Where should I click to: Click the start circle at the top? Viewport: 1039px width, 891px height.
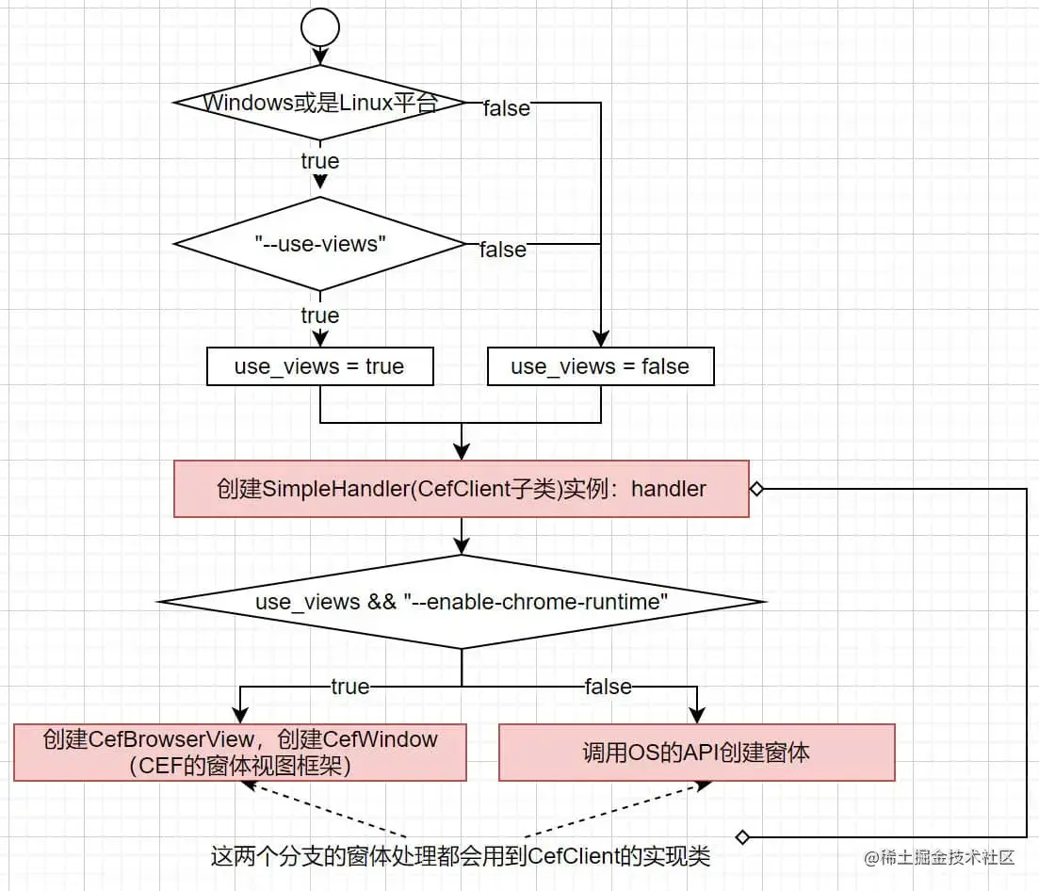click(x=319, y=28)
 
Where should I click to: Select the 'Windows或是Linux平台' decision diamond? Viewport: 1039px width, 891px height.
click(x=320, y=103)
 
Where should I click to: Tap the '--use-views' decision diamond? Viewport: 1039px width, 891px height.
click(x=320, y=243)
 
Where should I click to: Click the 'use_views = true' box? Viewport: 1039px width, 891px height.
click(x=319, y=366)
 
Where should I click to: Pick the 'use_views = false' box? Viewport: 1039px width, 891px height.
click(x=600, y=366)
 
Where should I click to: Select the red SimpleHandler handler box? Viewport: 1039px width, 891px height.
click(x=461, y=489)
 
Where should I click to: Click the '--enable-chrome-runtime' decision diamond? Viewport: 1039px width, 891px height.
click(x=461, y=602)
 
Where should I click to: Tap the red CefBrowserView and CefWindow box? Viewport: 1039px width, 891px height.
click(x=240, y=752)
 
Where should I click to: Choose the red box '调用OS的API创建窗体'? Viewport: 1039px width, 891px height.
click(x=696, y=752)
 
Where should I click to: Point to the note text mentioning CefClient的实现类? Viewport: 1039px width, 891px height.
click(x=461, y=856)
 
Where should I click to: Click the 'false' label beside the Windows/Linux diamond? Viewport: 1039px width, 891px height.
click(x=507, y=108)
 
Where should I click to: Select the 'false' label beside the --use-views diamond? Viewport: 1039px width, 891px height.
click(x=503, y=250)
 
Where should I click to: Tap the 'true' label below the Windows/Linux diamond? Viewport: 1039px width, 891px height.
click(x=319, y=161)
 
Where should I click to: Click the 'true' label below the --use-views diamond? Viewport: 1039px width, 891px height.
click(x=319, y=315)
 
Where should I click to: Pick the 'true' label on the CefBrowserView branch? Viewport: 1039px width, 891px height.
click(x=349, y=687)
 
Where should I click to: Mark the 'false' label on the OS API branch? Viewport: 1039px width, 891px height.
click(x=608, y=687)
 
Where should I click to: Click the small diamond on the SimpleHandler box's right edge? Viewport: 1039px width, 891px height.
click(x=755, y=489)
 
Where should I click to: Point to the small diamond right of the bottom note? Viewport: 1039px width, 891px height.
click(x=742, y=836)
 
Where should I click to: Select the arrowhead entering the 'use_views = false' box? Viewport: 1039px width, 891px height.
click(x=600, y=341)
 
